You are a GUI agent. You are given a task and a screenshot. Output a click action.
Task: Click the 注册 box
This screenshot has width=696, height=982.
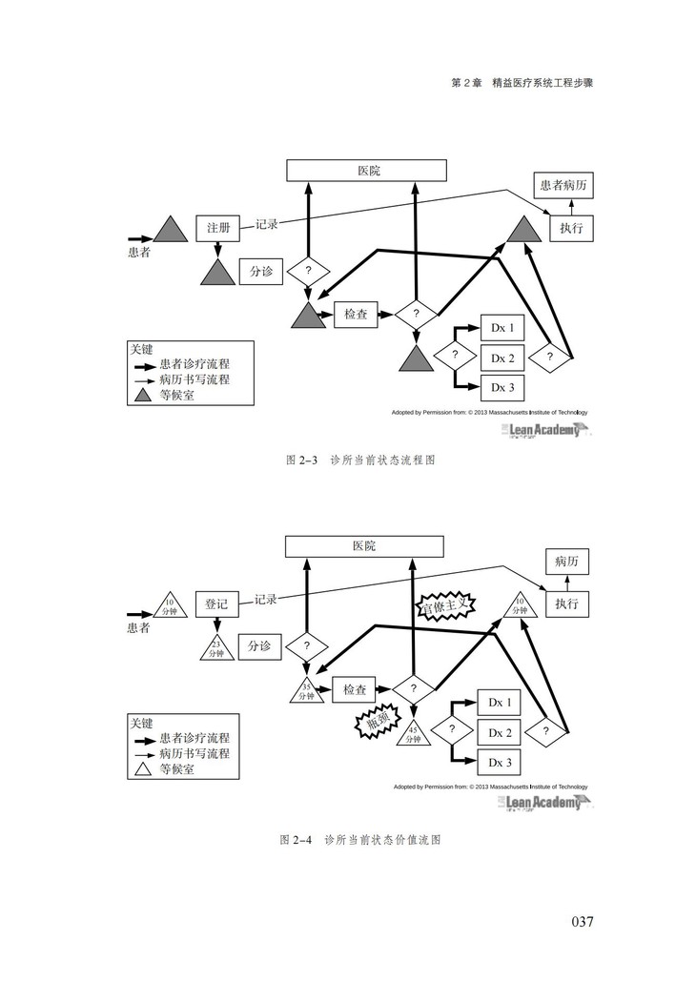pyautogui.click(x=218, y=228)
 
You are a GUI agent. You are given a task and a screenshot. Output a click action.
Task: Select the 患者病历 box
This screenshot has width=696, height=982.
pyautogui.click(x=562, y=186)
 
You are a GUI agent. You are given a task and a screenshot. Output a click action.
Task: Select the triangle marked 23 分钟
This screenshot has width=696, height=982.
pyautogui.click(x=218, y=648)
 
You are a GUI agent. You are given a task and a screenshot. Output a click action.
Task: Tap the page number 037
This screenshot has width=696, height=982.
pyautogui.click(x=583, y=921)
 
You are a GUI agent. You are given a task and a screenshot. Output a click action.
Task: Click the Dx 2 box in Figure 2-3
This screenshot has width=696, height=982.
pyautogui.click(x=502, y=358)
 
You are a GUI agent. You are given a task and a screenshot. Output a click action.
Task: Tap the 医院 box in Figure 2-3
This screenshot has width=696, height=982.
pyautogui.click(x=368, y=171)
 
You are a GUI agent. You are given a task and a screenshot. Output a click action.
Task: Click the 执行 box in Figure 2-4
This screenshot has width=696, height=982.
pyautogui.click(x=566, y=604)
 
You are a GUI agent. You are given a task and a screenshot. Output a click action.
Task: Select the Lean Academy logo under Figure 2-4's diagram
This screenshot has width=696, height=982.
pyautogui.click(x=542, y=803)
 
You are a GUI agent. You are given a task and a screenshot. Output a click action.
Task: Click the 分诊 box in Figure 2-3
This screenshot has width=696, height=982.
pyautogui.click(x=261, y=272)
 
